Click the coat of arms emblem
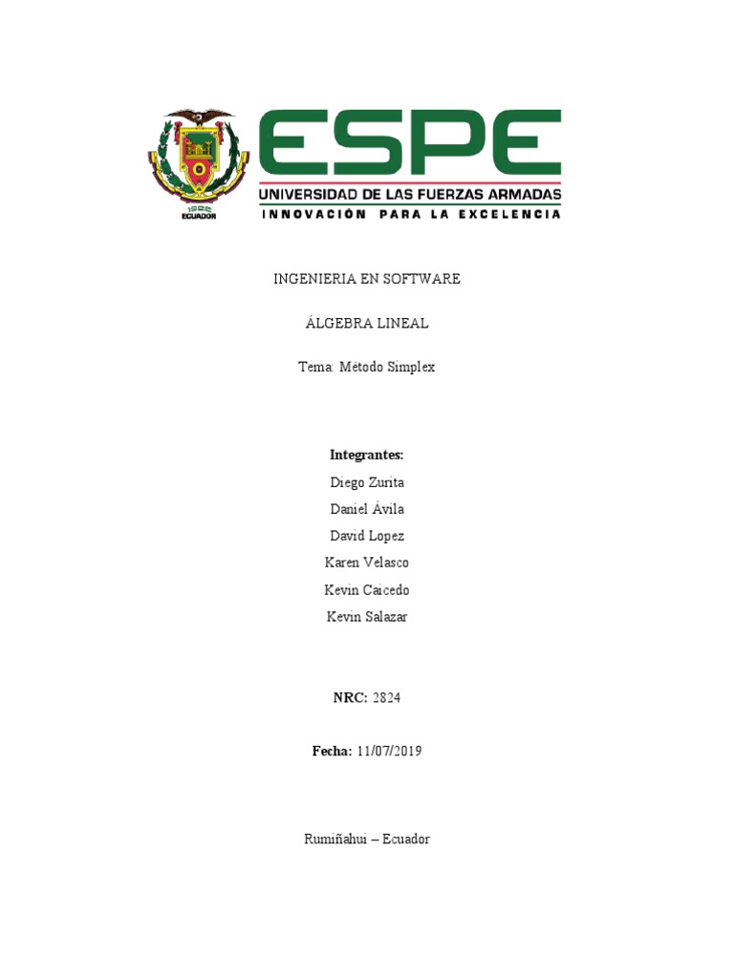click(x=199, y=160)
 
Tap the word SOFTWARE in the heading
click(x=421, y=279)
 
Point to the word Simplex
click(x=411, y=367)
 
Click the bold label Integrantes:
click(x=367, y=454)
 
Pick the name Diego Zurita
click(x=367, y=482)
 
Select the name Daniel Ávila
click(x=367, y=509)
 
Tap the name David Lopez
click(x=367, y=536)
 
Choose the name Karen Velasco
click(x=367, y=563)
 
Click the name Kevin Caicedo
click(x=367, y=590)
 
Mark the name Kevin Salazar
click(x=367, y=617)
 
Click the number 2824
click(x=386, y=698)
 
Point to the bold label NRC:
click(x=350, y=698)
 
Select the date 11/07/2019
click(x=389, y=752)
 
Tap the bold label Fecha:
click(x=332, y=752)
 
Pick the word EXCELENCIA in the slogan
click(x=509, y=215)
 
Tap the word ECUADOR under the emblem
click(x=199, y=216)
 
